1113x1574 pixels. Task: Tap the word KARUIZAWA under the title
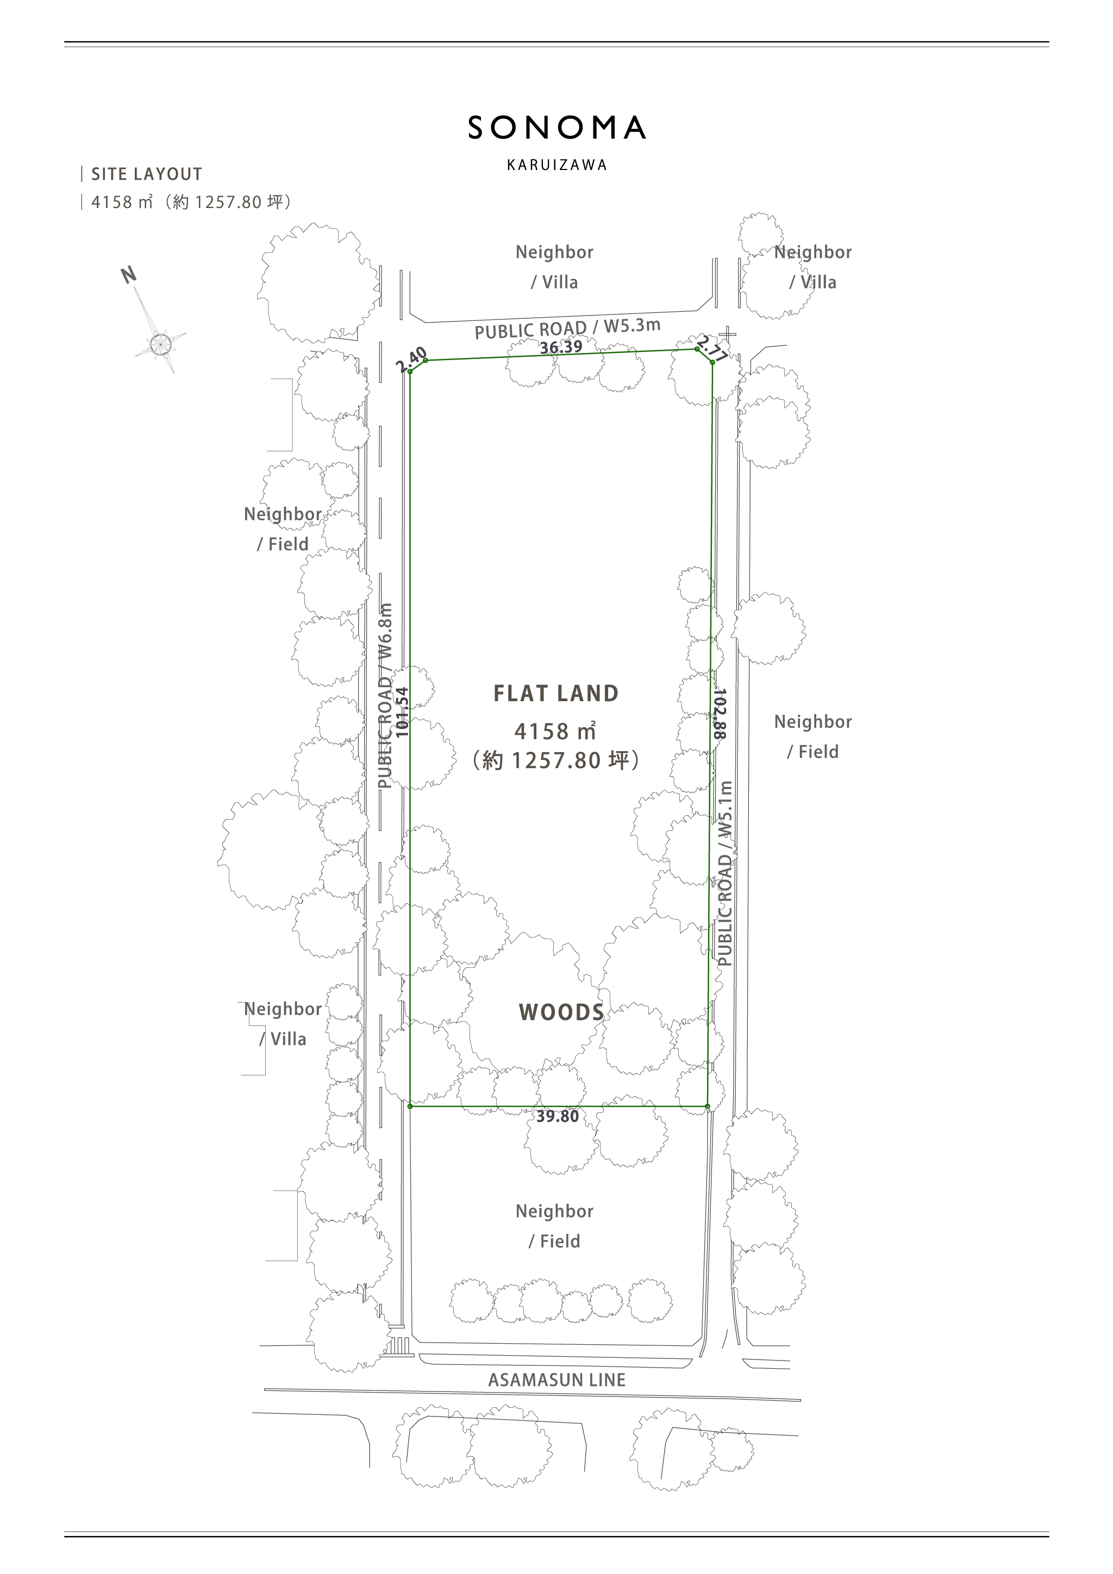click(x=557, y=165)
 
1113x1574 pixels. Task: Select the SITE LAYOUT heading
click(x=147, y=174)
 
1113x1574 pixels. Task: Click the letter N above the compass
click(x=128, y=275)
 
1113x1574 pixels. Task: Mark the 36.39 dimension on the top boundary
click(x=561, y=348)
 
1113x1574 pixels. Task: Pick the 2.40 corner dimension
click(x=412, y=360)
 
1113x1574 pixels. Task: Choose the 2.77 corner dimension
click(x=712, y=348)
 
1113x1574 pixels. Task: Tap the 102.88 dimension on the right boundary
click(x=720, y=714)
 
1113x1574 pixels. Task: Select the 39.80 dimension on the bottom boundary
click(x=558, y=1116)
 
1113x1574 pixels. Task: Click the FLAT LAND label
click(x=556, y=694)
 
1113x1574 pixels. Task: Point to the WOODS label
click(x=561, y=1012)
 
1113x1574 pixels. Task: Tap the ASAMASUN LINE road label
click(x=557, y=1380)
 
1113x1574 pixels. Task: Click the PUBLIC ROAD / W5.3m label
click(x=568, y=329)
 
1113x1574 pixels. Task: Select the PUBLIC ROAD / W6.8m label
click(x=386, y=696)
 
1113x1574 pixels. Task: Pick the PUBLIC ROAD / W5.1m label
click(x=726, y=873)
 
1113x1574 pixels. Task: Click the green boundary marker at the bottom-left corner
click(x=410, y=1106)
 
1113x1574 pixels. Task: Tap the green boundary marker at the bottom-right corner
click(x=708, y=1106)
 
